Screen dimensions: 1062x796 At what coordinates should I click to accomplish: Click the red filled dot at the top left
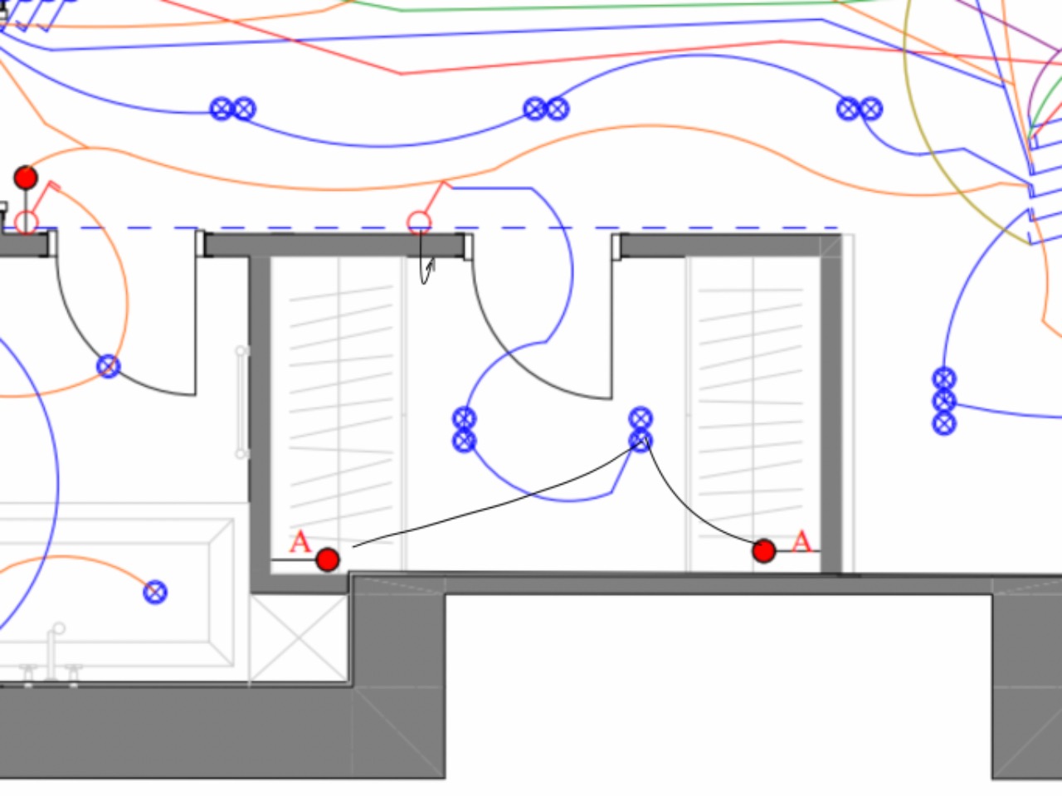point(26,178)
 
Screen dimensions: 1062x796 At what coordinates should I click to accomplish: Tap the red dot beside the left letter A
point(328,560)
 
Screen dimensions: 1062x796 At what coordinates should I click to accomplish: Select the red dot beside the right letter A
point(764,551)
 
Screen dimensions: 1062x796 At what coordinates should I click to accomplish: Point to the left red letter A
point(300,542)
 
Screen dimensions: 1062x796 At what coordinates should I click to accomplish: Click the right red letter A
point(801,541)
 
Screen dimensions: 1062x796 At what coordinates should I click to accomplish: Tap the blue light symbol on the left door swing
point(109,366)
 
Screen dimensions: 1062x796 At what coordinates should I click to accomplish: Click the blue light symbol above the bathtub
point(155,592)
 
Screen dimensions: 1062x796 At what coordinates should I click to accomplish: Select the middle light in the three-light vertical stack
point(944,401)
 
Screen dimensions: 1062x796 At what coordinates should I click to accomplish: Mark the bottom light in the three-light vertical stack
point(944,424)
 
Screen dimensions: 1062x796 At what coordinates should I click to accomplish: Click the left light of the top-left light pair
point(222,109)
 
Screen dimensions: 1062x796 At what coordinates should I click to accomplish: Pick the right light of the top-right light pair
point(871,109)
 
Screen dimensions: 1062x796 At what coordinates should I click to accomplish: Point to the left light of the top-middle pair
point(535,109)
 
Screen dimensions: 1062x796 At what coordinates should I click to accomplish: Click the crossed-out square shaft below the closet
point(299,637)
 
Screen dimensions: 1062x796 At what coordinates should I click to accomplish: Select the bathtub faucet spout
point(53,651)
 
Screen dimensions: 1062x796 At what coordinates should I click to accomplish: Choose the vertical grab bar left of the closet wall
point(241,402)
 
